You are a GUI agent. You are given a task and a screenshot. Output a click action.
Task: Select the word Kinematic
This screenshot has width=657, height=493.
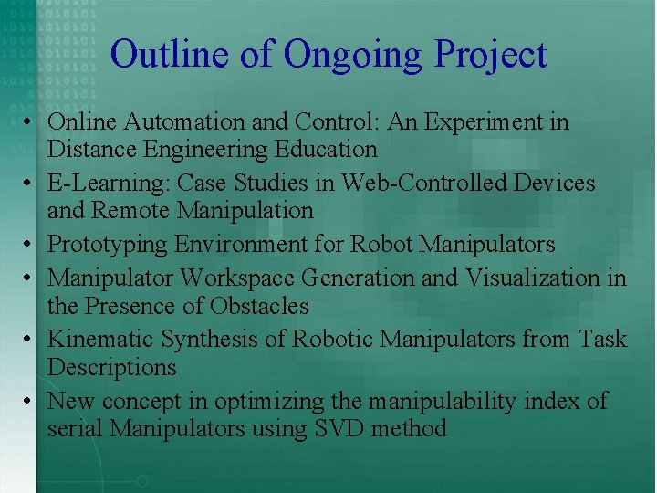(x=100, y=340)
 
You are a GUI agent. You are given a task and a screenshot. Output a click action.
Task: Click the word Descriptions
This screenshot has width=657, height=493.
(x=111, y=368)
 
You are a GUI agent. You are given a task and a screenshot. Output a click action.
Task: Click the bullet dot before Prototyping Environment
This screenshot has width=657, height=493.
(x=30, y=246)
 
